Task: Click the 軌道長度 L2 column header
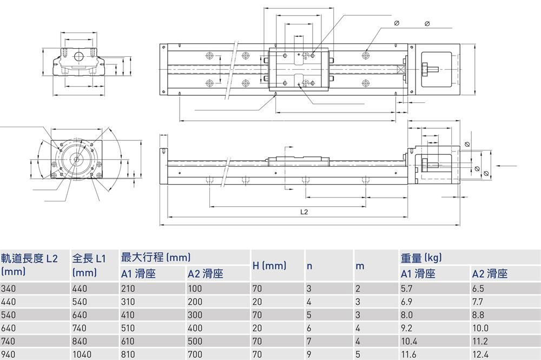point(29,259)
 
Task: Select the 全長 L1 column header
point(89,259)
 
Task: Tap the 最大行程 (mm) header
point(156,257)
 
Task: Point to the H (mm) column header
point(269,265)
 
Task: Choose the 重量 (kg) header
point(421,258)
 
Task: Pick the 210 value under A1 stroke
point(129,289)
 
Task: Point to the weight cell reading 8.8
point(478,315)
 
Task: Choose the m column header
point(360,266)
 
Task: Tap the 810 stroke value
point(129,354)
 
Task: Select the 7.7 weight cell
point(478,302)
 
